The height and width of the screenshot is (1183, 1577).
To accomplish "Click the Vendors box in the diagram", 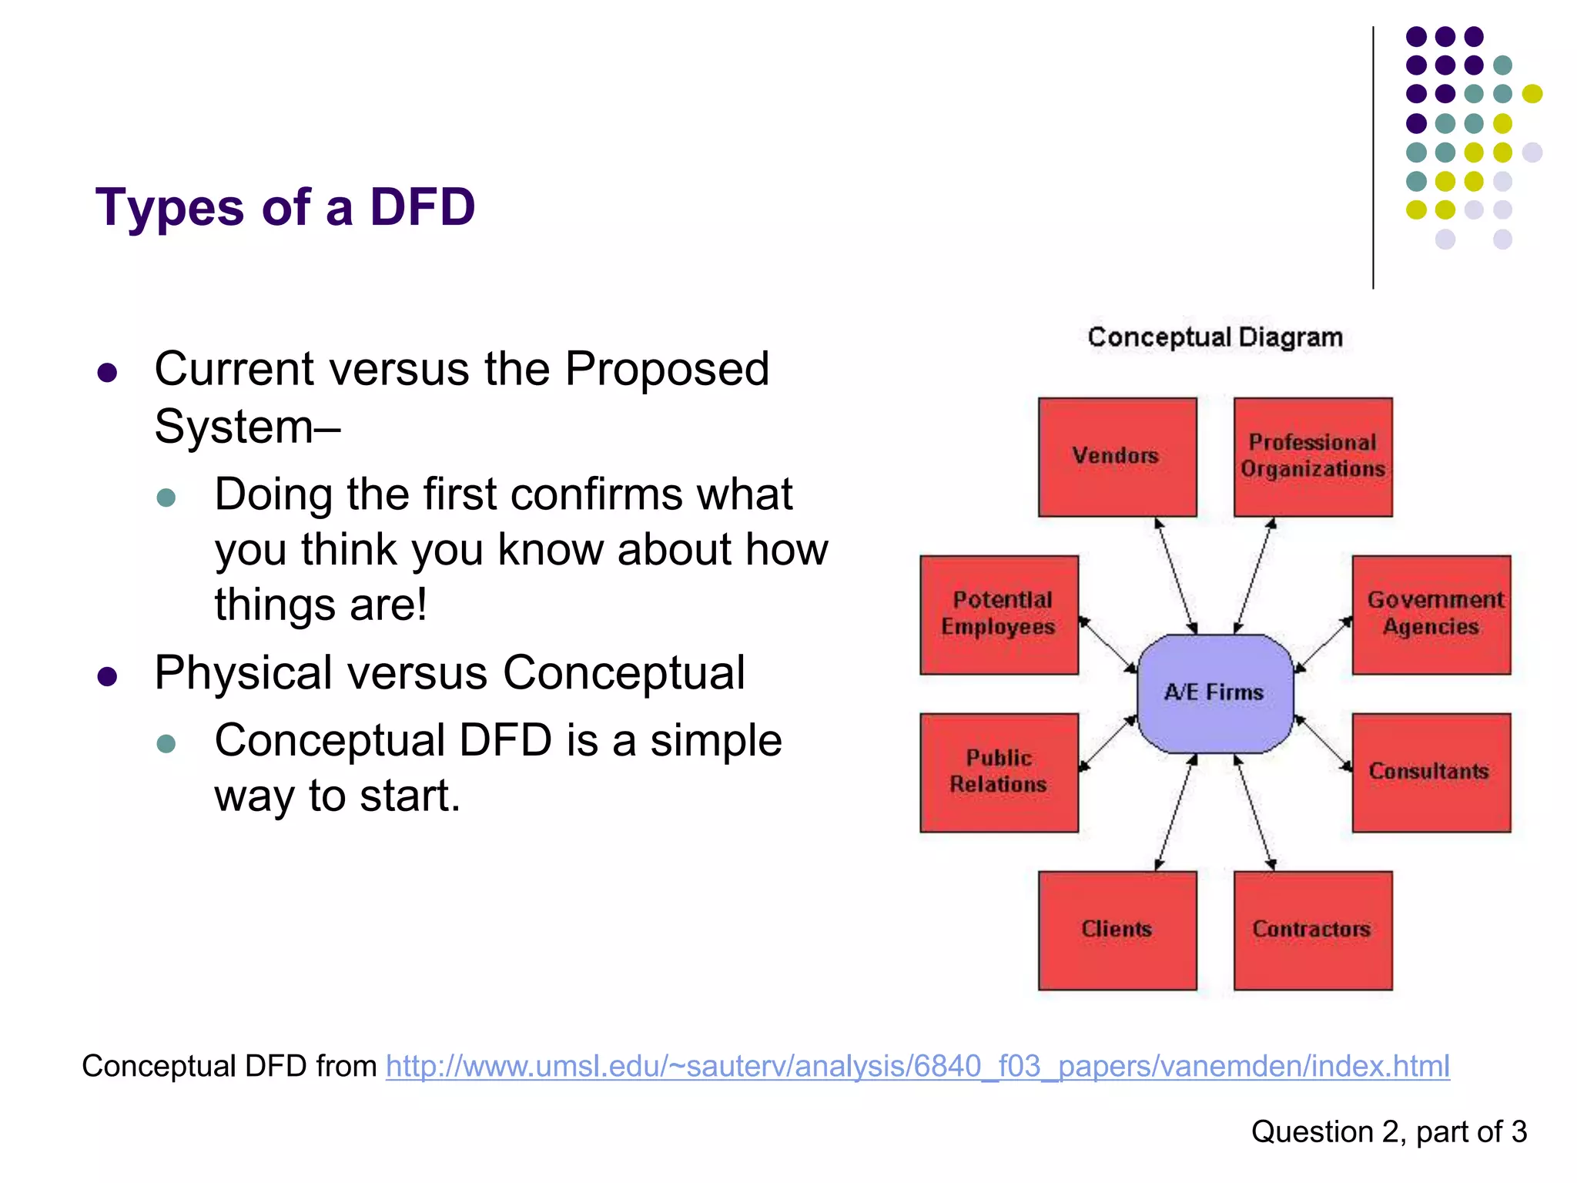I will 1117,457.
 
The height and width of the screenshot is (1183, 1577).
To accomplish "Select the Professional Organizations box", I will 1312,457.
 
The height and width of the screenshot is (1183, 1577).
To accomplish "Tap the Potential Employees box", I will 999,615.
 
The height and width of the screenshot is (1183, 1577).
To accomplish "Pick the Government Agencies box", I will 1431,615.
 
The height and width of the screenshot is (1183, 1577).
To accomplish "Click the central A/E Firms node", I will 1214,693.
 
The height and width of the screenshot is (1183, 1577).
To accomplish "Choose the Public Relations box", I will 999,772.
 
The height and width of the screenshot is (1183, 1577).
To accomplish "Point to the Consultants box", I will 1431,772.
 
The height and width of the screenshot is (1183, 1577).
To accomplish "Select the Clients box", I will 1117,930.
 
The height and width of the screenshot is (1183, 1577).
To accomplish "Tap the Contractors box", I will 1312,930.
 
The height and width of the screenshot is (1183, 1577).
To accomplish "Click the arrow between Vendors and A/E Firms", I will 1176,575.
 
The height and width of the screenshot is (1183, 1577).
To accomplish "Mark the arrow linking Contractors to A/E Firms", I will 1254,813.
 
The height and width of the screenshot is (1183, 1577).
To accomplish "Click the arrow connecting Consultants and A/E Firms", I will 1323,743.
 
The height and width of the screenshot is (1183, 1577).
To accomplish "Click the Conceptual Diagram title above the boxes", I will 1214,337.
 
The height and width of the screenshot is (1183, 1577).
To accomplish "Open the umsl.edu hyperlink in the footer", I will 917,1066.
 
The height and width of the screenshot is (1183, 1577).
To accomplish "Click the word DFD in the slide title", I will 422,207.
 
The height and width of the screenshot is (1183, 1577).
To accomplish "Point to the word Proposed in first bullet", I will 667,369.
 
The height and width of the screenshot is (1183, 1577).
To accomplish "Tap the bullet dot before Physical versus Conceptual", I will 107,677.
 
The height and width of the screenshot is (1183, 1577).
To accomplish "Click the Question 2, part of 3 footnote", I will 1388,1131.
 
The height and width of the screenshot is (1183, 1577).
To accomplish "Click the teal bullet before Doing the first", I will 166,497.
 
